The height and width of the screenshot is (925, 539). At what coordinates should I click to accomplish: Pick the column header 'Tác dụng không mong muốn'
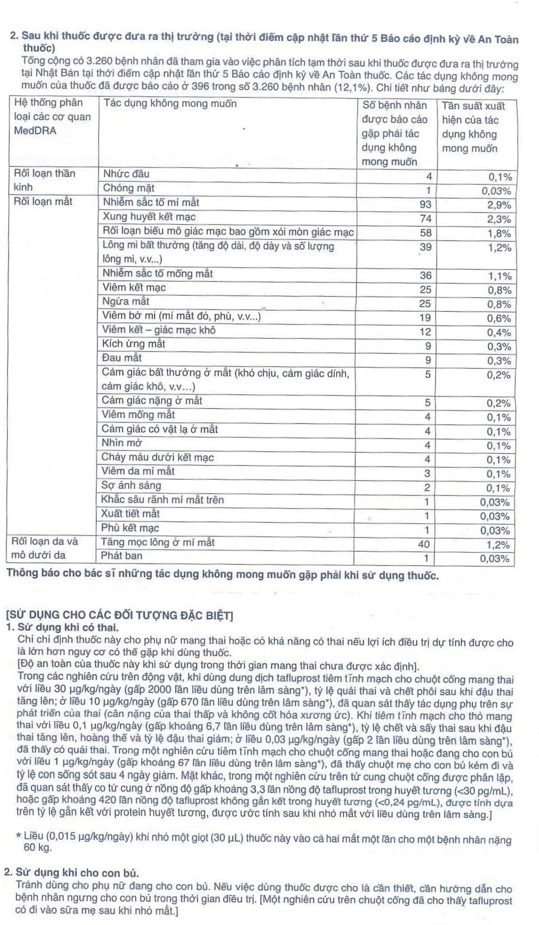[x=170, y=104]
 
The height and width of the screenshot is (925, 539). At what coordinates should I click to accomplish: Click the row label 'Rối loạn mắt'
[x=43, y=201]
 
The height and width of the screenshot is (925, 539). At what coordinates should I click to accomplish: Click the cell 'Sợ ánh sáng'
[x=131, y=486]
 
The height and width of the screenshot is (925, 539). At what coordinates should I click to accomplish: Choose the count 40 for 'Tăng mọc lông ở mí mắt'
[x=423, y=544]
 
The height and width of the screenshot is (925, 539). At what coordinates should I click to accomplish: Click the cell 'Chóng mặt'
[x=128, y=188]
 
